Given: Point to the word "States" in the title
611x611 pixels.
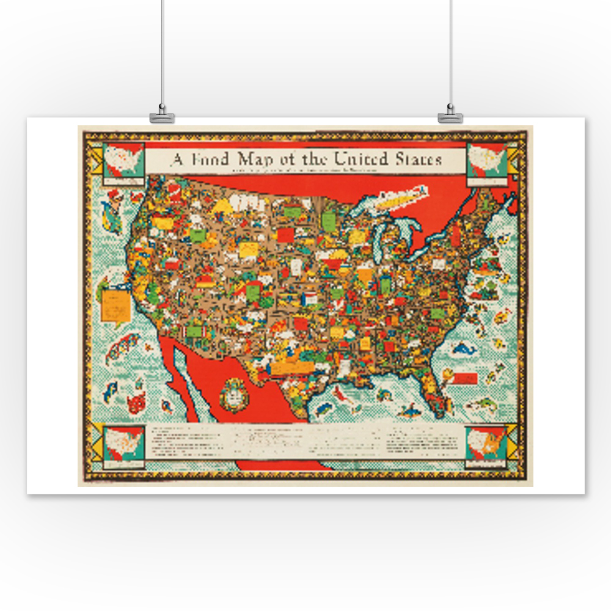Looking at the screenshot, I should [417, 159].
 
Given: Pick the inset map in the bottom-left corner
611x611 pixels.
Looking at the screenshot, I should [124, 444].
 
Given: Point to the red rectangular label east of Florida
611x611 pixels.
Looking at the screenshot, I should [466, 378].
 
